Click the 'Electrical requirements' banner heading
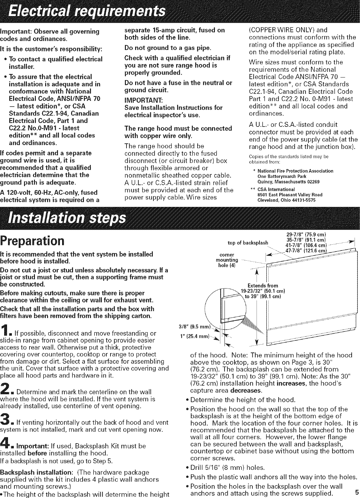86,12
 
